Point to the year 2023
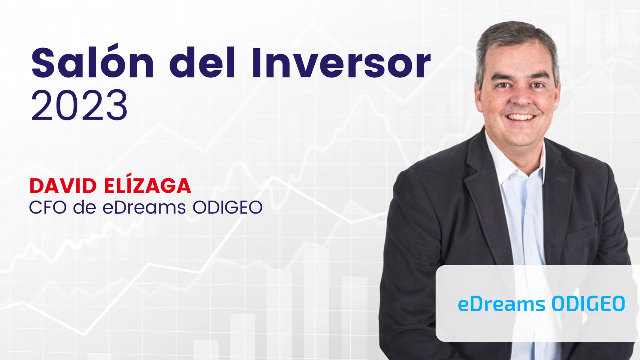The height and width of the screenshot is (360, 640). pyautogui.click(x=80, y=106)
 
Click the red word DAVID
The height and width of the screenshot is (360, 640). pyautogui.click(x=63, y=186)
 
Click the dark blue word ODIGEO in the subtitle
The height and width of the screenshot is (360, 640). pyautogui.click(x=227, y=207)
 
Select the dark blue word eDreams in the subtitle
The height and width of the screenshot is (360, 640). pyautogui.click(x=144, y=207)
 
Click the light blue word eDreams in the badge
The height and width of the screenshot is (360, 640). pyautogui.click(x=501, y=304)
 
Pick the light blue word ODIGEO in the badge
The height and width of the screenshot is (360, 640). pyautogui.click(x=588, y=304)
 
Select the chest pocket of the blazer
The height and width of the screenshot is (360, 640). pyautogui.click(x=581, y=236)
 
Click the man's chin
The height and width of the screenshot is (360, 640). pyautogui.click(x=520, y=135)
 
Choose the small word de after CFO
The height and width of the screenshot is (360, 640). pyautogui.click(x=84, y=207)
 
